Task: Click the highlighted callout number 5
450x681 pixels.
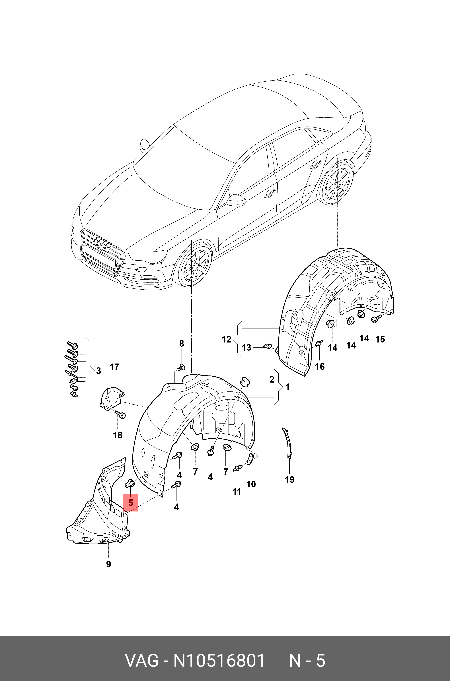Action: point(131,503)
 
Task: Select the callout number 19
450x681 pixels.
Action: point(290,479)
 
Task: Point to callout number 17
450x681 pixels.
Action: point(114,367)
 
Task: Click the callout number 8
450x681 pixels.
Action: point(181,343)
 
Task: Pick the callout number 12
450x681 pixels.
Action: point(226,339)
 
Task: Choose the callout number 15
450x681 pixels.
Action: point(380,339)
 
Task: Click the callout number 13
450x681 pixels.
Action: point(246,348)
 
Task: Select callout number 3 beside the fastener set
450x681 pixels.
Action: point(98,371)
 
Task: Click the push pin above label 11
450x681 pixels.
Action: point(237,469)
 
